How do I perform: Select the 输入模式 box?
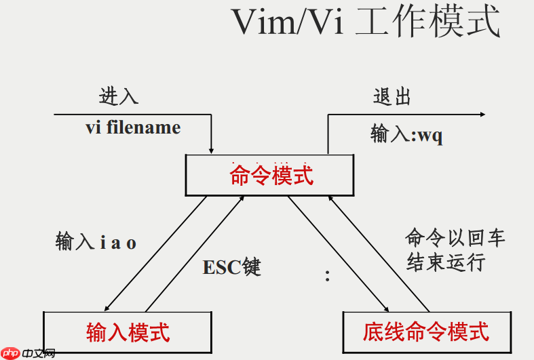click(128, 332)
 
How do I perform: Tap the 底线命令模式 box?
click(425, 332)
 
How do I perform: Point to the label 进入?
click(119, 96)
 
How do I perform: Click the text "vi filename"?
click(133, 127)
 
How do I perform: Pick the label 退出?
click(392, 96)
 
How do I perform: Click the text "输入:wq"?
click(406, 134)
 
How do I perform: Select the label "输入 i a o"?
click(96, 242)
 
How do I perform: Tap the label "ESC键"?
click(231, 266)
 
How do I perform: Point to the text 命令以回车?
click(455, 237)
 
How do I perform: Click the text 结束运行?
click(446, 262)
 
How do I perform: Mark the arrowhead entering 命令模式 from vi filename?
click(212, 149)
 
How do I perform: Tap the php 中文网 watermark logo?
click(28, 353)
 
